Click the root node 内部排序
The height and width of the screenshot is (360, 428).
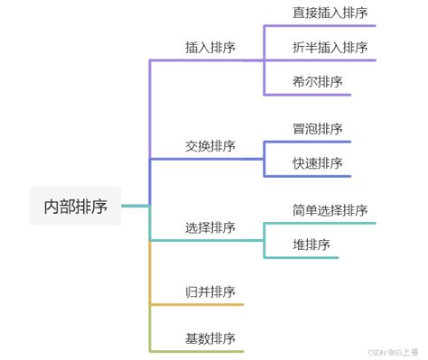pos(76,206)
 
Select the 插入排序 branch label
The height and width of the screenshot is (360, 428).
pos(210,48)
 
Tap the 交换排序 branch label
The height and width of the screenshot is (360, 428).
pos(210,146)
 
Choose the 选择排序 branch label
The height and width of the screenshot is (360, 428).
pos(210,227)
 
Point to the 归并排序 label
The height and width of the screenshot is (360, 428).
pos(210,291)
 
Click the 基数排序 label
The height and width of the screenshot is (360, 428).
pos(210,338)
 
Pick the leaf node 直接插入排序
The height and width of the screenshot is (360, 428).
pos(330,13)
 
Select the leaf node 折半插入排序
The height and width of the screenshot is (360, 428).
pos(330,48)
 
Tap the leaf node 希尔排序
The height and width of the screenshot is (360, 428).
pos(318,81)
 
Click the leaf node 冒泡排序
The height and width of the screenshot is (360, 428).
pos(318,129)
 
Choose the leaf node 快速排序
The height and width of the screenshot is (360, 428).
pos(318,162)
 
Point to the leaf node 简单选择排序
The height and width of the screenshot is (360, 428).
pos(330,210)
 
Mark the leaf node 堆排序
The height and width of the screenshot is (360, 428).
pos(312,245)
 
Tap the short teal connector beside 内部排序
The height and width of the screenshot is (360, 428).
pos(135,207)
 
